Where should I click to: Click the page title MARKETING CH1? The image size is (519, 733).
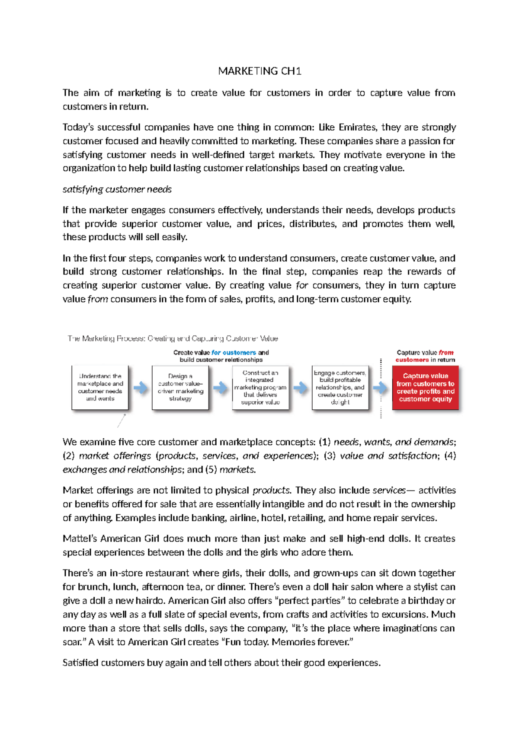(x=259, y=71)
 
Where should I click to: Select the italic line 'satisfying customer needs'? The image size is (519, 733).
(x=117, y=189)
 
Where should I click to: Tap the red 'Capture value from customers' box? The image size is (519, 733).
(x=425, y=387)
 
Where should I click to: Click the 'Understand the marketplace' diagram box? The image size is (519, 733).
(x=100, y=387)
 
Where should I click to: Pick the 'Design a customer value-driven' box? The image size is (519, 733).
(x=180, y=387)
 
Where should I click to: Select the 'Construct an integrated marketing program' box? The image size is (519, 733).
(x=260, y=387)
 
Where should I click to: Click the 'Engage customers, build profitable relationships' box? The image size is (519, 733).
(x=340, y=387)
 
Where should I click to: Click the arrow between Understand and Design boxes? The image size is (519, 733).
(x=140, y=388)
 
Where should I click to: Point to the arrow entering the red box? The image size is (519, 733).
(x=380, y=388)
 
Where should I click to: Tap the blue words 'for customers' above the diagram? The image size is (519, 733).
(x=234, y=353)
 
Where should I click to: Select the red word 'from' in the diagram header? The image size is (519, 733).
(x=446, y=353)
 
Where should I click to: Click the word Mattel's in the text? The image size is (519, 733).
(x=80, y=539)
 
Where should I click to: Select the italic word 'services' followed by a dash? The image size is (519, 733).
(x=389, y=490)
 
